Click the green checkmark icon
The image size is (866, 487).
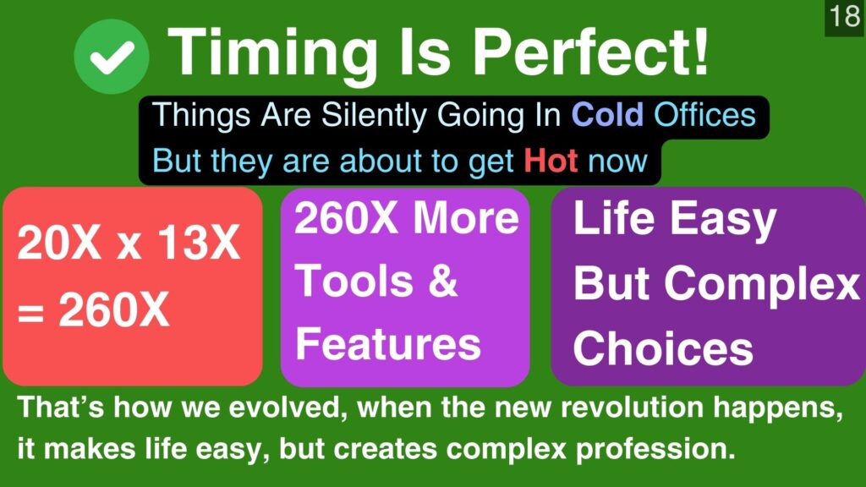click(x=112, y=57)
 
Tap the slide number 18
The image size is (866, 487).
click(x=845, y=16)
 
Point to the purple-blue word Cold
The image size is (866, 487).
click(x=607, y=115)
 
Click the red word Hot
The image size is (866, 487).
click(x=551, y=161)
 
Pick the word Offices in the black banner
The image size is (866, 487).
click(x=704, y=115)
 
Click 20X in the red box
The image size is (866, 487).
click(x=59, y=243)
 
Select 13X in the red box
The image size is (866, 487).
click(x=199, y=243)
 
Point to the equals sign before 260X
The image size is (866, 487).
click(x=31, y=313)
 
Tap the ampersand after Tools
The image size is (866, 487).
click(x=443, y=281)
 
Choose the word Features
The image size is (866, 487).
click(x=388, y=343)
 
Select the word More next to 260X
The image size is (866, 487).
click(x=467, y=217)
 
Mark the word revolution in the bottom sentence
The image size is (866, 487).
click(x=632, y=408)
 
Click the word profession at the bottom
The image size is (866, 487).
click(x=655, y=449)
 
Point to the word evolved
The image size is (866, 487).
click(x=288, y=408)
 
